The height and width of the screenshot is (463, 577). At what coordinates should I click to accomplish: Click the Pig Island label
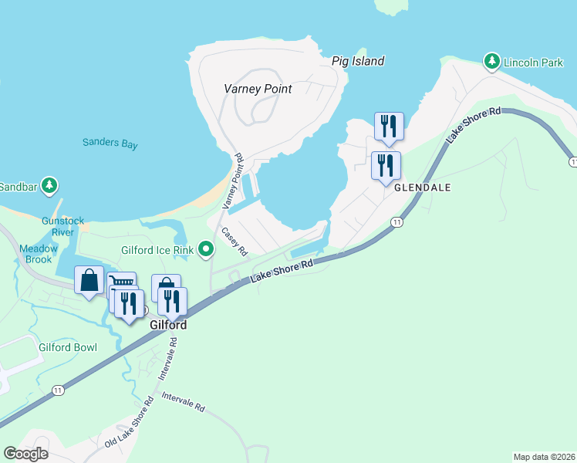358,61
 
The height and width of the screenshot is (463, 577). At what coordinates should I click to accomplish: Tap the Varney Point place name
258,89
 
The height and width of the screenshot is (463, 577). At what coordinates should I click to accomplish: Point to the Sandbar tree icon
50,186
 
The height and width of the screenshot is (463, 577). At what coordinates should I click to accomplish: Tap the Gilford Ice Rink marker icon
205,249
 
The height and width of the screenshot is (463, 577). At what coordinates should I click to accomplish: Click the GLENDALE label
422,188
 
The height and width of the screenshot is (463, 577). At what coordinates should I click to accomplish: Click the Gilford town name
168,326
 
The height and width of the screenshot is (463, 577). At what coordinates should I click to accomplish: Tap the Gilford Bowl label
68,347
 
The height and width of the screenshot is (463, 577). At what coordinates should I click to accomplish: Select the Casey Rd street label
234,241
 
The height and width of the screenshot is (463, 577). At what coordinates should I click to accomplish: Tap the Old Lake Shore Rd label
124,428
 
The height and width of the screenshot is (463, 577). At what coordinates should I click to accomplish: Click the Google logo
25,454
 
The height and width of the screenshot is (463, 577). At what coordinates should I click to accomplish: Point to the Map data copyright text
543,457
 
